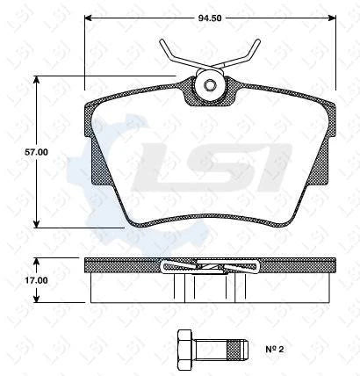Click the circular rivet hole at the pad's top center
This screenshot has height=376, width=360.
tap(211, 86)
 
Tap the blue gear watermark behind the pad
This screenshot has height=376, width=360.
tap(101, 158)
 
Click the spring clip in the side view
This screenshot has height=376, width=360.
tap(211, 265)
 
